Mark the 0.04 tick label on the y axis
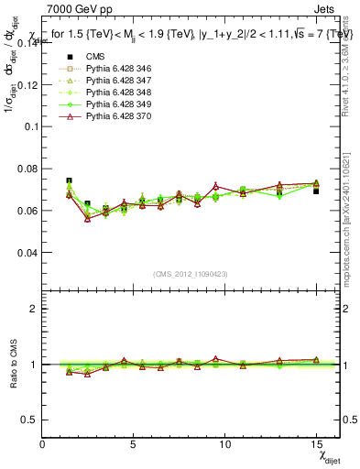point(27,252)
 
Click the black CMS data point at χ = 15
point(316,191)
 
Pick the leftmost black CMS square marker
point(69,181)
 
